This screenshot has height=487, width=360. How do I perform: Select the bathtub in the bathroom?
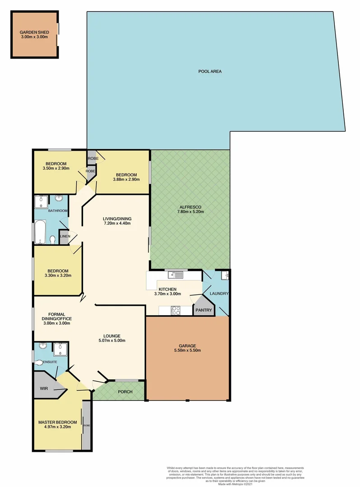pyautogui.click(x=41, y=232)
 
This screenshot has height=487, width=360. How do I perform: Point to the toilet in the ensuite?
pyautogui.click(x=39, y=363)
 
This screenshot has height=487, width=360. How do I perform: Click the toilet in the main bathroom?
pyautogui.click(x=53, y=239)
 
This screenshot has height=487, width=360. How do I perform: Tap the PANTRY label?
pyautogui.click(x=203, y=310)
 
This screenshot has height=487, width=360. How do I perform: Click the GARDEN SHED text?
pyautogui.click(x=34, y=32)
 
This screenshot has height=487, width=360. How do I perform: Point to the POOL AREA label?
pyautogui.click(x=210, y=71)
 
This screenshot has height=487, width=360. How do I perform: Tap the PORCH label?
pyautogui.click(x=125, y=391)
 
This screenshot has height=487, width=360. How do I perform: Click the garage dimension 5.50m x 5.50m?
pyautogui.click(x=187, y=350)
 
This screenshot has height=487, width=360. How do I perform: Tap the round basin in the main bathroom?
pyautogui.click(x=59, y=199)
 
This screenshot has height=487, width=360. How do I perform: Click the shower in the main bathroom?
pyautogui.click(x=41, y=201)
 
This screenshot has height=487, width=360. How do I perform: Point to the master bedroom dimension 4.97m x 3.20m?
pyautogui.click(x=55, y=427)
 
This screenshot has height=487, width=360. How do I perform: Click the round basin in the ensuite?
pyautogui.click(x=43, y=346)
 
